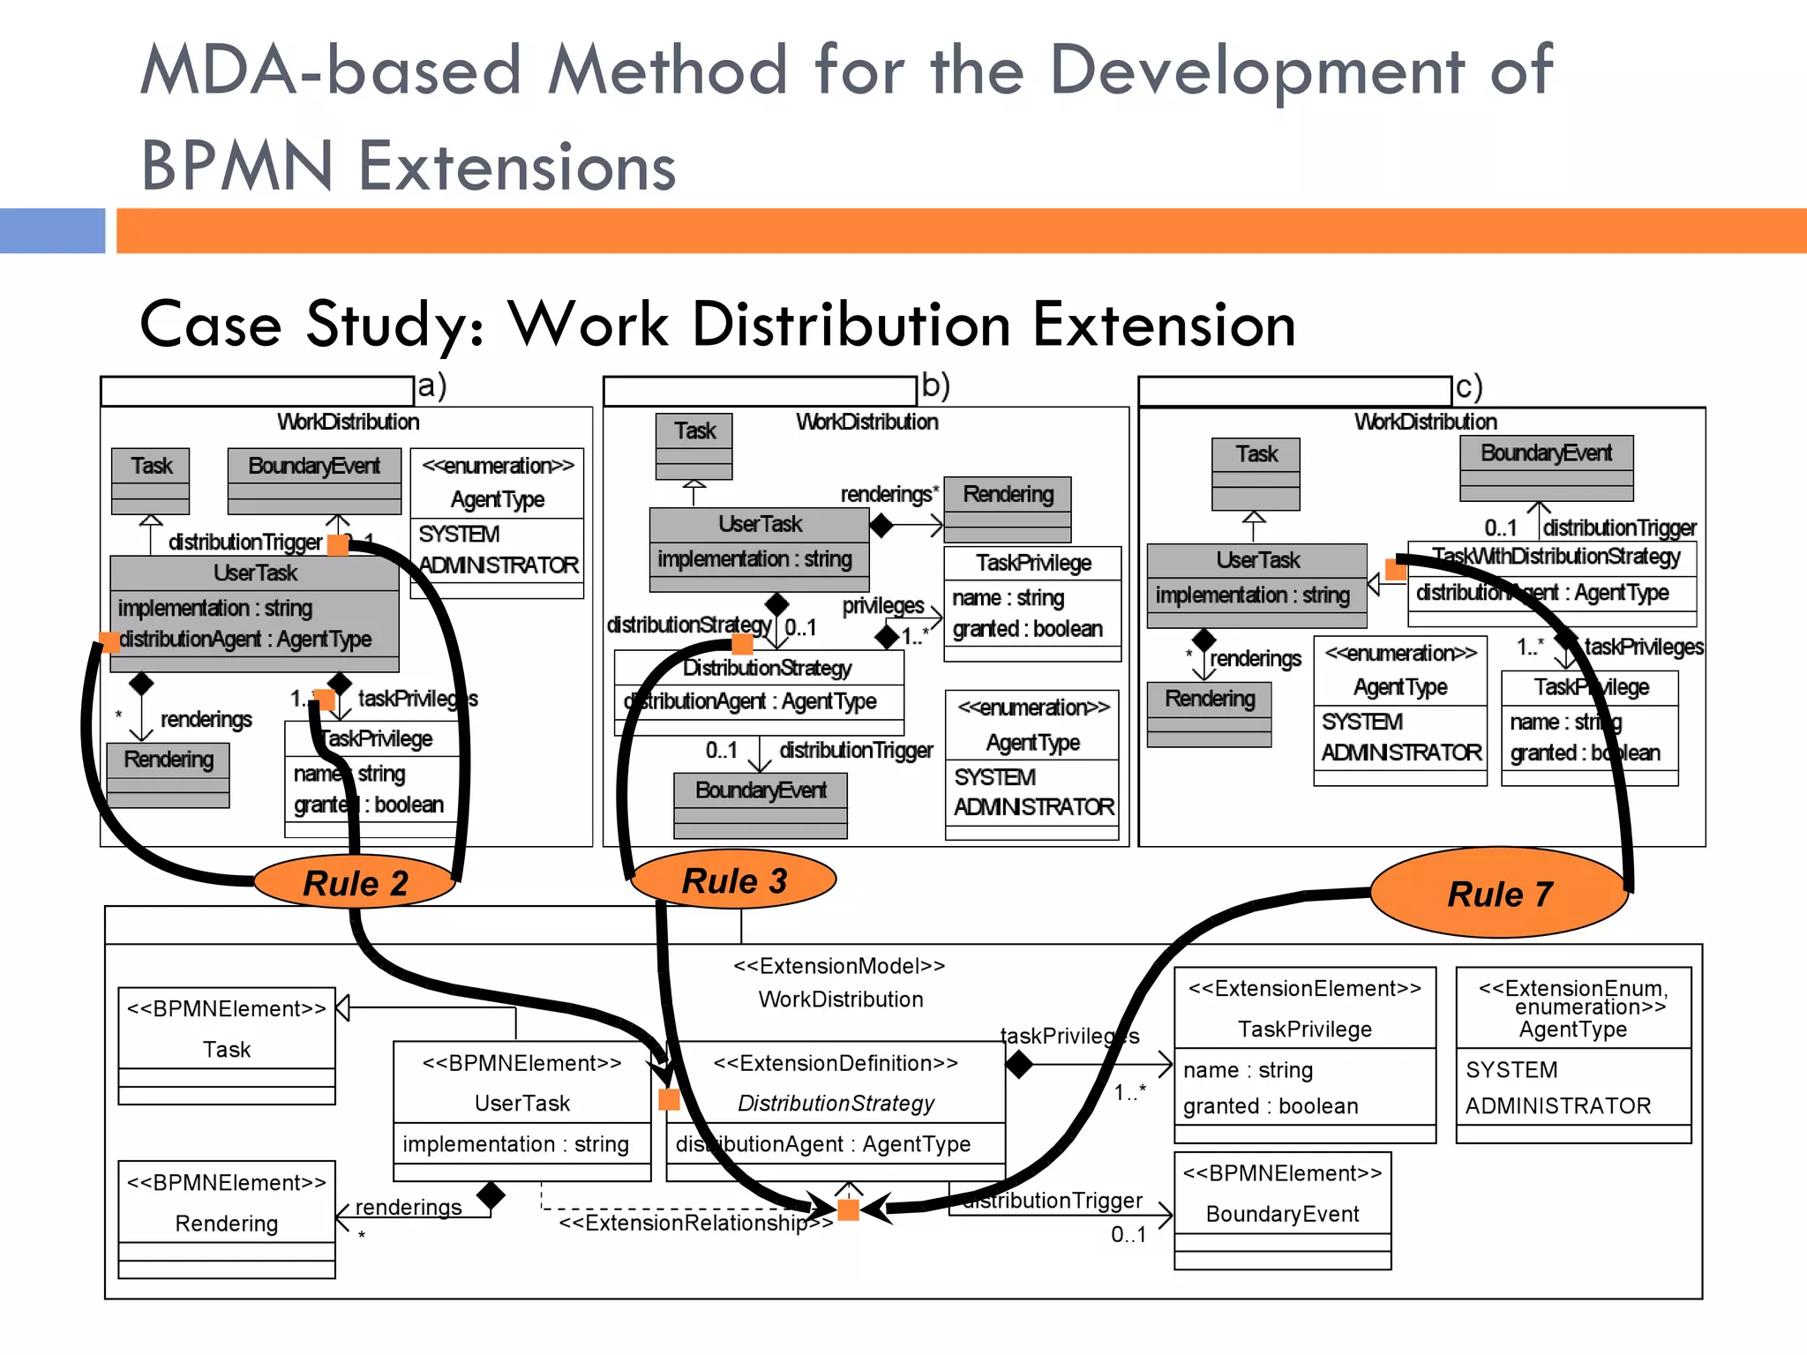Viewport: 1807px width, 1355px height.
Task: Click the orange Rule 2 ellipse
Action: pos(355,882)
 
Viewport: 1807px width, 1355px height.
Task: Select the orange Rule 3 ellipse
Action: pos(734,880)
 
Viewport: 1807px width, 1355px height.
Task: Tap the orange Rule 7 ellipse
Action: pos(1499,893)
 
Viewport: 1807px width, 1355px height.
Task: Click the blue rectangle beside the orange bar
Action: pos(52,231)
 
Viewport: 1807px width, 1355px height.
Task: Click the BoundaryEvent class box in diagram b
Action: pos(760,804)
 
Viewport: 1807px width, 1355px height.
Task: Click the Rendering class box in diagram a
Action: pos(168,774)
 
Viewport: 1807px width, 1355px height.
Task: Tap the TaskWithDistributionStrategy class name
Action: pos(1556,557)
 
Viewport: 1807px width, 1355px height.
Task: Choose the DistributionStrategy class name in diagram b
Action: pos(767,668)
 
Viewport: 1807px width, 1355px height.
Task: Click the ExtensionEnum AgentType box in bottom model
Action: pos(1573,1054)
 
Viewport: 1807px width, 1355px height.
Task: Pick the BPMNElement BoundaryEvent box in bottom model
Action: pos(1282,1210)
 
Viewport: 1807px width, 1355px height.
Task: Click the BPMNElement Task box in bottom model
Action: pos(227,1045)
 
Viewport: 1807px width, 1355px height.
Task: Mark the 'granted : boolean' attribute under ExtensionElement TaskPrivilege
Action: pos(1271,1106)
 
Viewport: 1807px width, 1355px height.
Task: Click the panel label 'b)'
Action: pos(935,386)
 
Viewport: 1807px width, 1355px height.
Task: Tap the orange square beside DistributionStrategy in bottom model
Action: pos(669,1099)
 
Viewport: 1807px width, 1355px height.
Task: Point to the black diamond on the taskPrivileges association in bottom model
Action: pos(1019,1064)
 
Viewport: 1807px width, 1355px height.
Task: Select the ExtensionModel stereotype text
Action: pos(839,966)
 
